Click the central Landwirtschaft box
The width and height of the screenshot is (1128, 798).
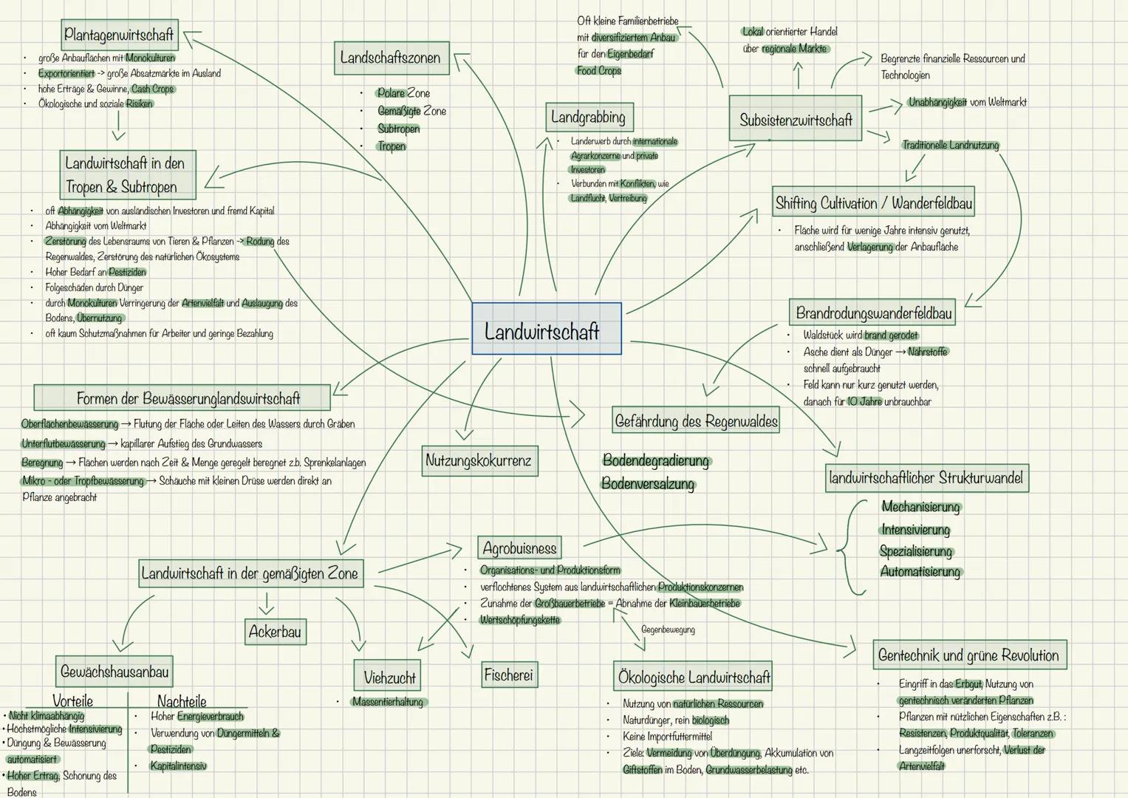pyautogui.click(x=547, y=329)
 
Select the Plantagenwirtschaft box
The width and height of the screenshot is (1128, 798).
pyautogui.click(x=120, y=35)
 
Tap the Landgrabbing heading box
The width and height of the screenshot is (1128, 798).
pyautogui.click(x=589, y=117)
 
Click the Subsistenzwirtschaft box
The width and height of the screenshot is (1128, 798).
pyautogui.click(x=795, y=118)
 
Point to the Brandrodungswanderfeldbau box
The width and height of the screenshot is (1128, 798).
pyautogui.click(x=872, y=313)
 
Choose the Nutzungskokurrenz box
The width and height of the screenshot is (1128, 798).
pyautogui.click(x=479, y=460)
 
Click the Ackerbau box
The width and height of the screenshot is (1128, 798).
pyautogui.click(x=275, y=631)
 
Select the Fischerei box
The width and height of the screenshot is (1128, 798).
pyautogui.click(x=509, y=675)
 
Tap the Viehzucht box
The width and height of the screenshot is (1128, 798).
pyautogui.click(x=387, y=675)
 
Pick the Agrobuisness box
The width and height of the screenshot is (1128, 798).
pyautogui.click(x=519, y=548)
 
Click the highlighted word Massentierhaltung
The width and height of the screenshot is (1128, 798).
pyautogui.click(x=388, y=702)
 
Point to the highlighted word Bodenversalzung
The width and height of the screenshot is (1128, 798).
pyautogui.click(x=648, y=484)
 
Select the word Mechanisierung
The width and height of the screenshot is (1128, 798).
pyautogui.click(x=921, y=507)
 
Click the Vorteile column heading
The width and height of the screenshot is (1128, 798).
pyautogui.click(x=73, y=700)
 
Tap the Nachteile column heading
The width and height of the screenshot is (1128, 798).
pyautogui.click(x=182, y=700)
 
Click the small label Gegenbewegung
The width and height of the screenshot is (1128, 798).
pyautogui.click(x=668, y=630)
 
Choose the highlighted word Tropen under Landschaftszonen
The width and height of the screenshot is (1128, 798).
pyautogui.click(x=392, y=146)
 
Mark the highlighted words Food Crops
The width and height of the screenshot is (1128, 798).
pyautogui.click(x=599, y=71)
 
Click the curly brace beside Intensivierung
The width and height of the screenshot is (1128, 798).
pyautogui.click(x=850, y=548)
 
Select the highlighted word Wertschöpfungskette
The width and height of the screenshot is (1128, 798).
pyautogui.click(x=520, y=620)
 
